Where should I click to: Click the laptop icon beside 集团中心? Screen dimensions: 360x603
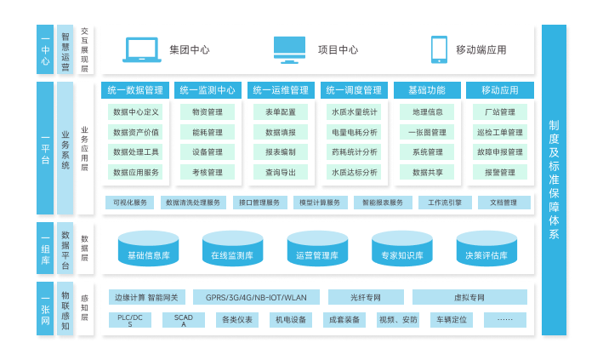(x=143, y=49)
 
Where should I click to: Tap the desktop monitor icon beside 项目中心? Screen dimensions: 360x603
(x=289, y=49)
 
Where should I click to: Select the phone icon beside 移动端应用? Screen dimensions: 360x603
(x=439, y=49)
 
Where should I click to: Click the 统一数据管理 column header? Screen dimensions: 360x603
(x=136, y=90)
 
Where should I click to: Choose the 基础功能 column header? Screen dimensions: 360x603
(x=427, y=90)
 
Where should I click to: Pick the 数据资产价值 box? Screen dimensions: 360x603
(x=136, y=132)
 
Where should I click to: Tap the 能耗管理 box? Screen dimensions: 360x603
(x=208, y=132)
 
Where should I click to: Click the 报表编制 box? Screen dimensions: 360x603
(x=281, y=152)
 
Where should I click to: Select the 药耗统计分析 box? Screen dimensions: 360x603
(x=354, y=152)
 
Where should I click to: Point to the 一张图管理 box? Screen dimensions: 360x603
(x=427, y=132)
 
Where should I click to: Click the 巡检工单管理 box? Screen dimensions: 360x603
(x=500, y=132)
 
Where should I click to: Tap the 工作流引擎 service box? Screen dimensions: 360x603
(x=445, y=203)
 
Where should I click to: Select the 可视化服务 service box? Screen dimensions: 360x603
(x=129, y=203)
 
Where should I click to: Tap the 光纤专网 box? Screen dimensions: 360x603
(x=366, y=297)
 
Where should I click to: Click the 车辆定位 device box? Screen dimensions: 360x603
(x=451, y=320)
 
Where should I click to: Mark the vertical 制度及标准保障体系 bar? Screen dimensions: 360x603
(x=554, y=179)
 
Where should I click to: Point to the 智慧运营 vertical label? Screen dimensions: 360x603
(x=65, y=49)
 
